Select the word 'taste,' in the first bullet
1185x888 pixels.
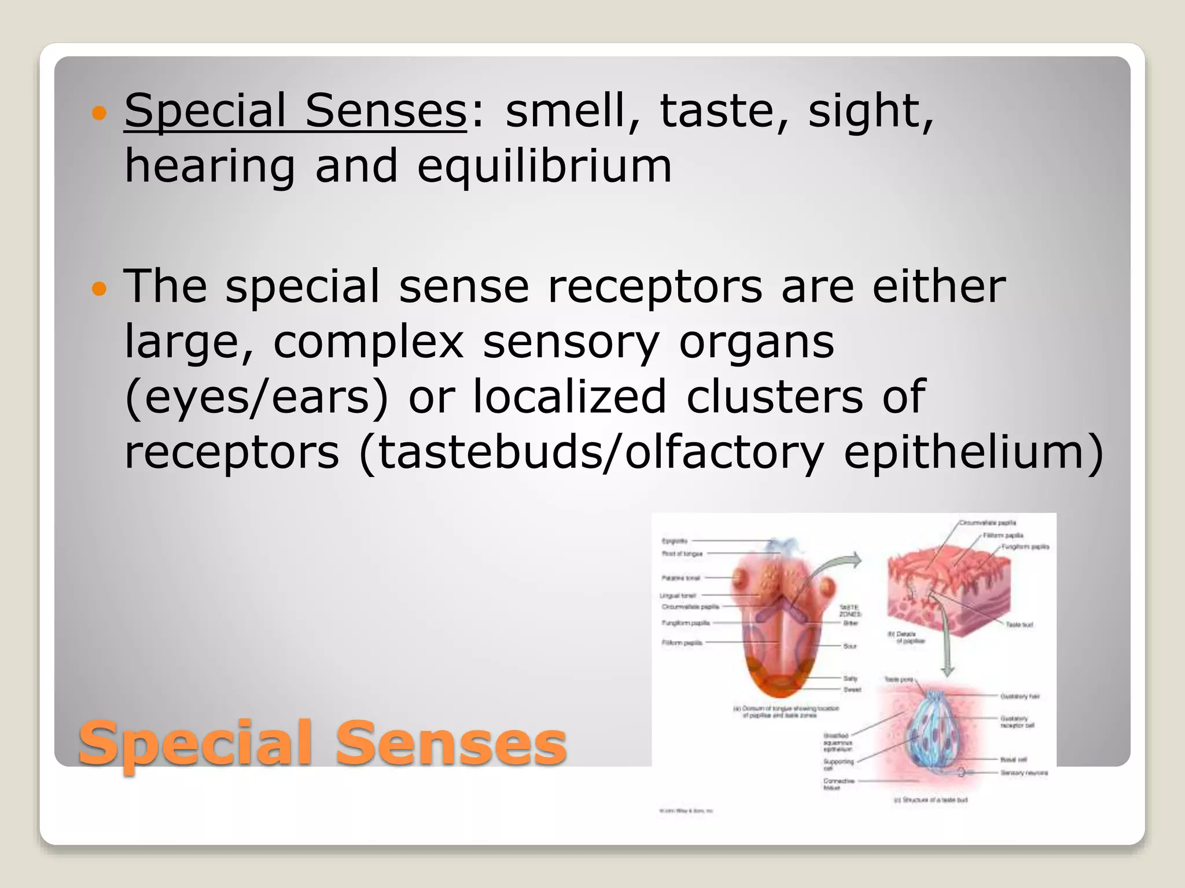[x=724, y=111]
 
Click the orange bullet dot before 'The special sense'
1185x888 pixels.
[x=100, y=288]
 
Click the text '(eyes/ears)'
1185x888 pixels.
[x=256, y=397]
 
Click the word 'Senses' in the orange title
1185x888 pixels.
[x=451, y=744]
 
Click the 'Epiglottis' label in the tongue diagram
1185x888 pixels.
[x=675, y=541]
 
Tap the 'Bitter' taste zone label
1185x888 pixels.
[x=851, y=623]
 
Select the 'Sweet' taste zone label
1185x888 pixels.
[x=852, y=690]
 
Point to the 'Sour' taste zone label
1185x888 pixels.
[x=849, y=646]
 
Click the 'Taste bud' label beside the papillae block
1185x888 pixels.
[x=1019, y=625]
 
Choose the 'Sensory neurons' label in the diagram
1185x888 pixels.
[x=1024, y=773]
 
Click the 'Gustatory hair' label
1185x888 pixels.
[x=1020, y=697]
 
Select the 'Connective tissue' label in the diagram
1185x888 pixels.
[x=838, y=784]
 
